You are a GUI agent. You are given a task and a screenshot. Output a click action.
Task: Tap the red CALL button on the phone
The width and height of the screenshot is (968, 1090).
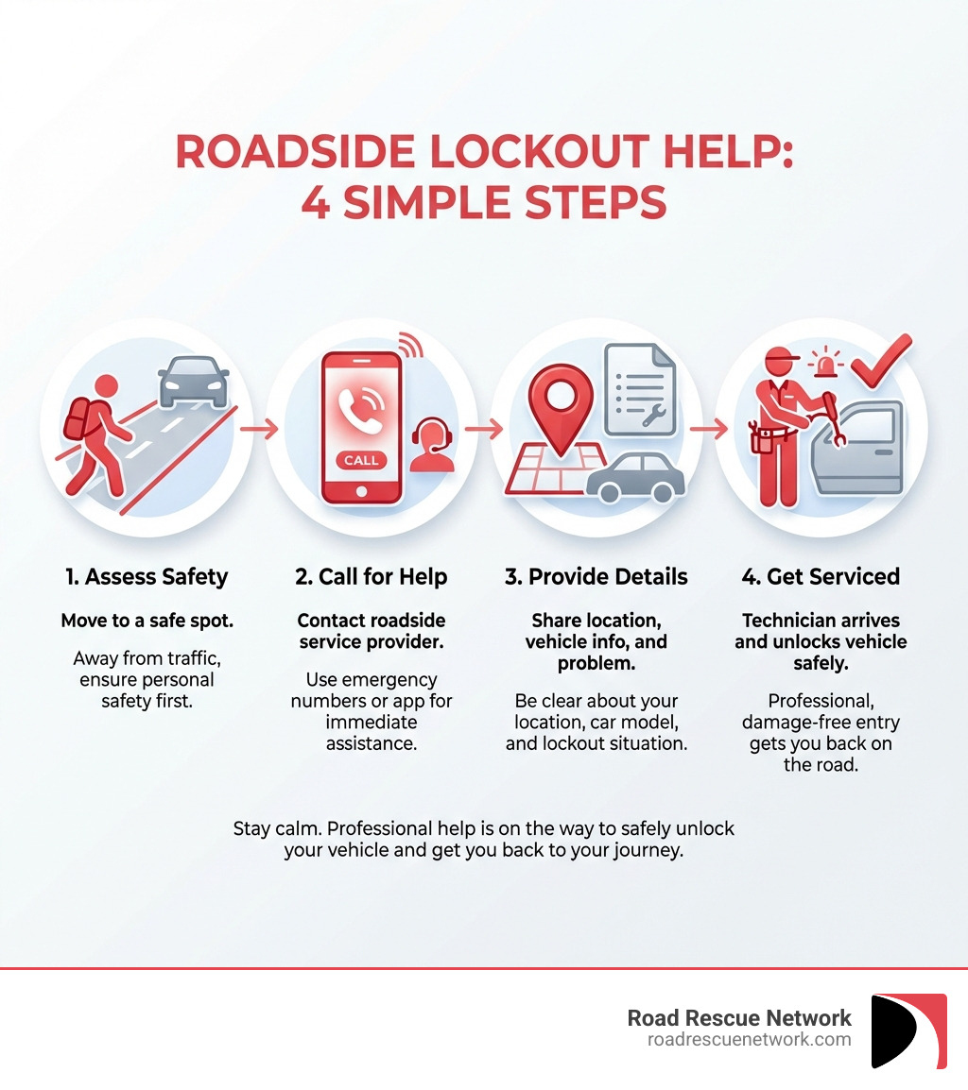pyautogui.click(x=360, y=460)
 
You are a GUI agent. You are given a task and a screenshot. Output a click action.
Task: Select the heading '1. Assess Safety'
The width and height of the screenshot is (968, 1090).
pyautogui.click(x=147, y=576)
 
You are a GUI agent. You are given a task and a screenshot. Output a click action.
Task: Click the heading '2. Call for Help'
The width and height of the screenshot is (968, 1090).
pyautogui.click(x=371, y=576)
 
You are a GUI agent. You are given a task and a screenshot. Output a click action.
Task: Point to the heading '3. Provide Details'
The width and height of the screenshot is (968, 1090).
pyautogui.click(x=596, y=576)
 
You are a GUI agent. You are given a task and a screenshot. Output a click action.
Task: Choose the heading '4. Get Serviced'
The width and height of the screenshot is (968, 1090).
pyautogui.click(x=821, y=576)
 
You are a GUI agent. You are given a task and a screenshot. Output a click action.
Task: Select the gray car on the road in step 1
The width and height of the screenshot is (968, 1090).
pyautogui.click(x=194, y=381)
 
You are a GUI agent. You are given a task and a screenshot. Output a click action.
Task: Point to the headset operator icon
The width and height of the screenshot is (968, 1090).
pyautogui.click(x=433, y=447)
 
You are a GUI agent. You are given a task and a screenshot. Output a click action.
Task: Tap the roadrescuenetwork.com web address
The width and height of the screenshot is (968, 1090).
pyautogui.click(x=749, y=1039)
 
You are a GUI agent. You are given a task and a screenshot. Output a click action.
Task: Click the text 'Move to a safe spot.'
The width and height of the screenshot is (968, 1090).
pyautogui.click(x=147, y=621)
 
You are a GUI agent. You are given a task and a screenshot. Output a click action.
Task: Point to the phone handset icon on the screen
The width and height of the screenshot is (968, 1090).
pyautogui.click(x=360, y=407)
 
